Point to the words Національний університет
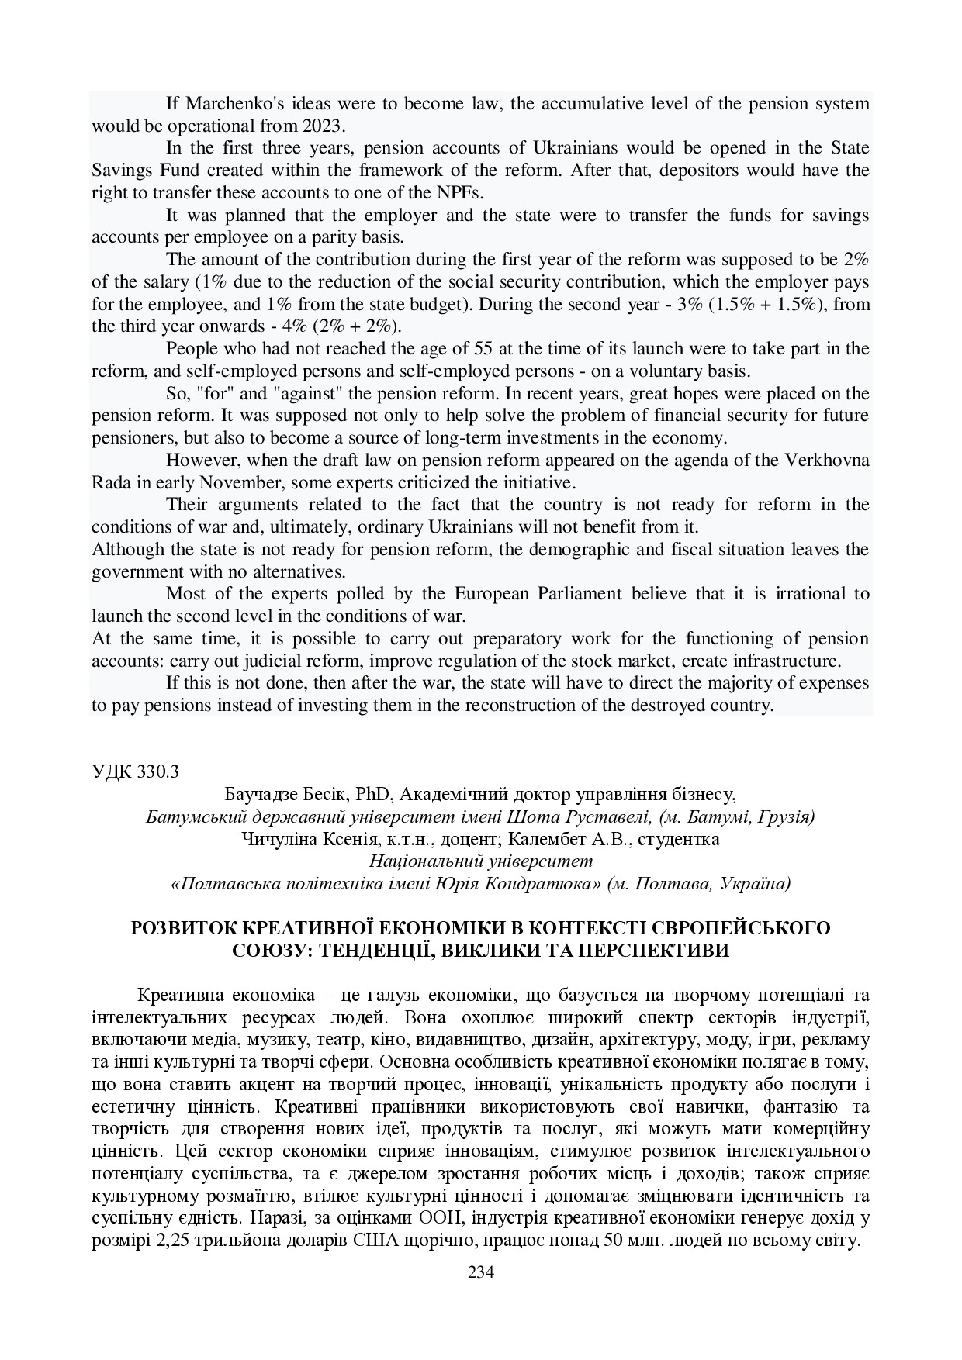click(480, 861)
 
